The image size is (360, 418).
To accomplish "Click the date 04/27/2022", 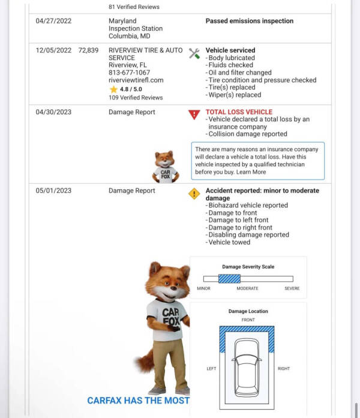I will tap(53, 21).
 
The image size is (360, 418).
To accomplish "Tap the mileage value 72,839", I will tap(88, 50).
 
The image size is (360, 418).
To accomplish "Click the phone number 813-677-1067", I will tap(130, 73).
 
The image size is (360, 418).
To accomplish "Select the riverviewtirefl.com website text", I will tap(136, 80).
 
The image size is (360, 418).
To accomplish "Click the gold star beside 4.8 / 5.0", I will tap(113, 89).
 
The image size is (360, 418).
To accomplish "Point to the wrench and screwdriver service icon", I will tap(194, 53).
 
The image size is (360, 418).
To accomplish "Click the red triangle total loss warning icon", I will tap(194, 114).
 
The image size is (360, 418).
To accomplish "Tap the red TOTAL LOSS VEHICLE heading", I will tap(239, 112).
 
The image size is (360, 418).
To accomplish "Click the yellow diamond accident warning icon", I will tap(194, 193).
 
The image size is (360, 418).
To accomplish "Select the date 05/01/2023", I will tap(53, 191).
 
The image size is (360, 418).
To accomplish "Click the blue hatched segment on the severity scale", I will tap(229, 279).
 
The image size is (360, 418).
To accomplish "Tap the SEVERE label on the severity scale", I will tap(292, 288).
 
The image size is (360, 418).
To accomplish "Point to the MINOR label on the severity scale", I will tap(203, 288).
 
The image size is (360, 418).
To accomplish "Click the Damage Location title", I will tap(248, 311).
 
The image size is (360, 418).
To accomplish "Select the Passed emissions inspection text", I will tap(250, 21).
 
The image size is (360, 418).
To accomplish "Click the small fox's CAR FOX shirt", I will tap(165, 174).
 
